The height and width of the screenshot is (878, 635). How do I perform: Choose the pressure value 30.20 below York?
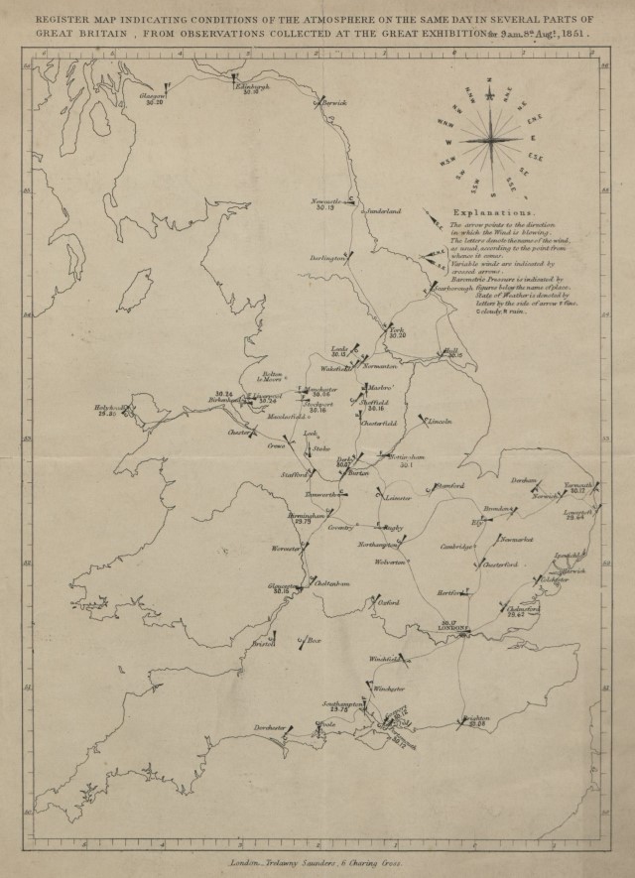tap(397, 336)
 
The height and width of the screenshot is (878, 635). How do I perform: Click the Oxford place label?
tap(388, 601)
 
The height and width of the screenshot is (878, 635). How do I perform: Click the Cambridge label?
tap(457, 547)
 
